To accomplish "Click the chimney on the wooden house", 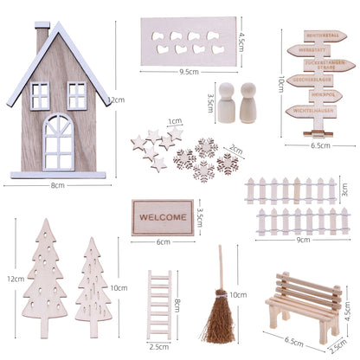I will [42, 37].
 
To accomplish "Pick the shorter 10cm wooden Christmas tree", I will [92, 277].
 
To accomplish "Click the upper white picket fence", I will [290, 190].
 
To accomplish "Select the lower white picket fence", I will [290, 222].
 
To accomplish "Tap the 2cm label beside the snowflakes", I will [235, 149].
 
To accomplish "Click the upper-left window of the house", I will [40, 96].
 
